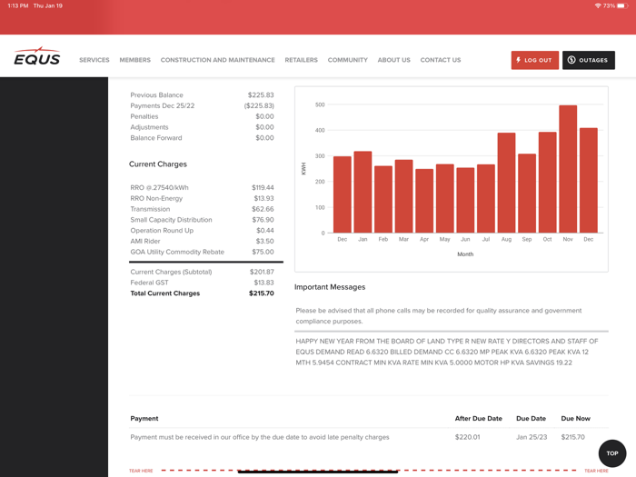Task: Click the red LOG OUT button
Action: (x=534, y=60)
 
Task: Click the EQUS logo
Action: (x=37, y=58)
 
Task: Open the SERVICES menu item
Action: (x=94, y=60)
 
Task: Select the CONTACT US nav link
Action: (x=441, y=60)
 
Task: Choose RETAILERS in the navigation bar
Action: (x=301, y=60)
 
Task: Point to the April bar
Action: (x=424, y=201)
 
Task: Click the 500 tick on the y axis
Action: (x=320, y=104)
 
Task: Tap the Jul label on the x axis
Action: (x=486, y=240)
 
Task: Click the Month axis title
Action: (x=465, y=254)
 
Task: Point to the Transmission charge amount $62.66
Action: (x=263, y=209)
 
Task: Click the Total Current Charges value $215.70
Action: (x=262, y=293)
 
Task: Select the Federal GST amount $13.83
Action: (x=263, y=283)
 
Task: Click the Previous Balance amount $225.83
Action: (x=261, y=95)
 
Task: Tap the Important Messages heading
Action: (x=330, y=287)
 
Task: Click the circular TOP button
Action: (x=612, y=452)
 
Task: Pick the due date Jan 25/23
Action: (x=532, y=437)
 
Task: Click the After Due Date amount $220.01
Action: (x=468, y=437)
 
